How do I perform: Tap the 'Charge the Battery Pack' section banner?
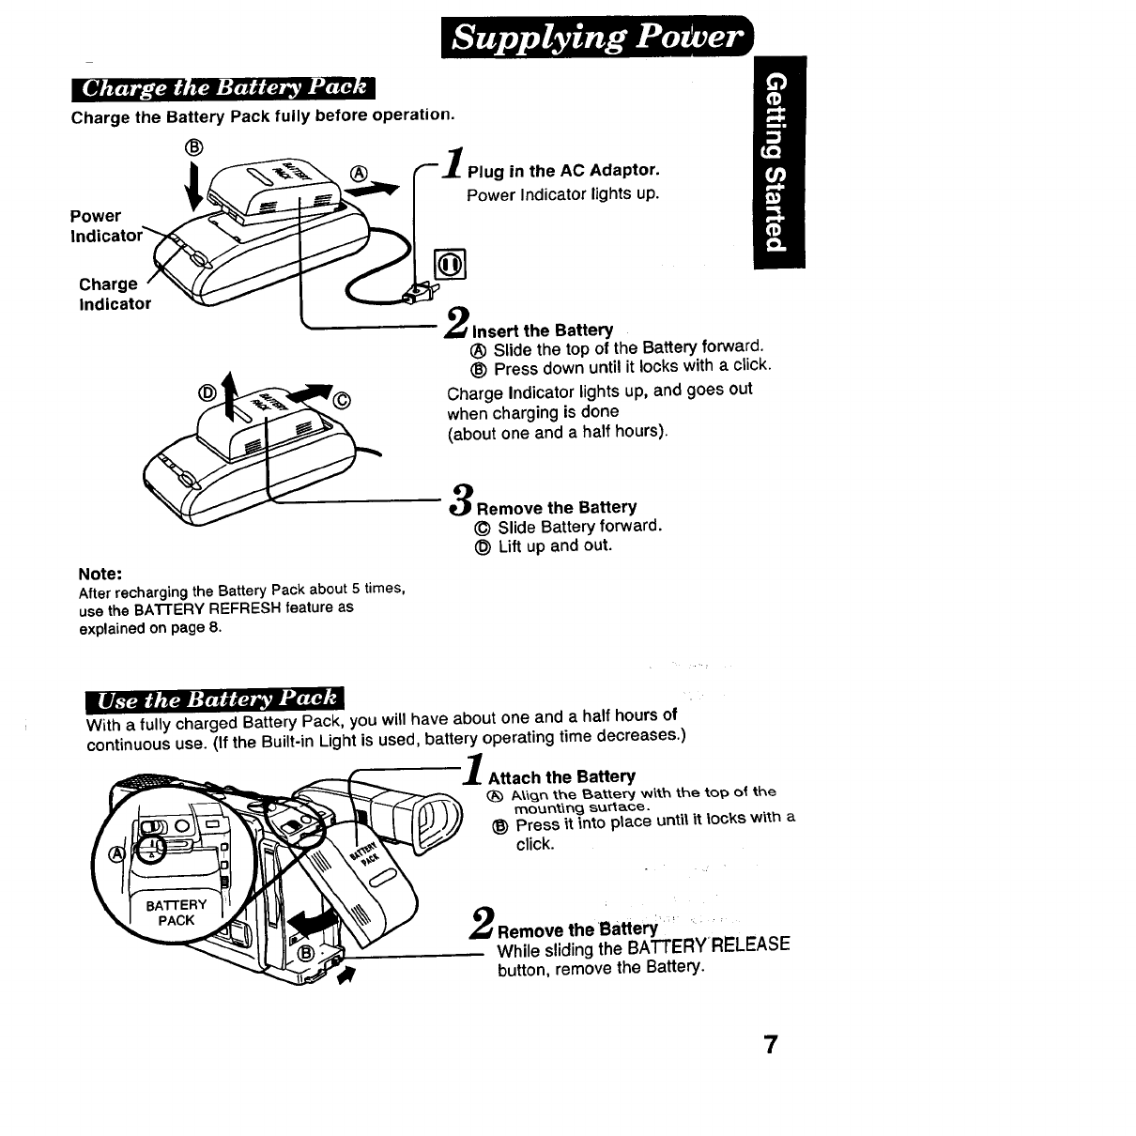(223, 89)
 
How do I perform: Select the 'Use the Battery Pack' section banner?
(215, 699)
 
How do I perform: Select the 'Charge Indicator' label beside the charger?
(114, 294)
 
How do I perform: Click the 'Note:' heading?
(101, 573)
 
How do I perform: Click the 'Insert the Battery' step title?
(542, 330)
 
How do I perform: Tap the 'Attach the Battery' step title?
(561, 776)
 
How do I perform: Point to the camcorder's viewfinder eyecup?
(441, 826)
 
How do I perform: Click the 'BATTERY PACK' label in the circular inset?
(177, 913)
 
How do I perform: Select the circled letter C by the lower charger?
(342, 402)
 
